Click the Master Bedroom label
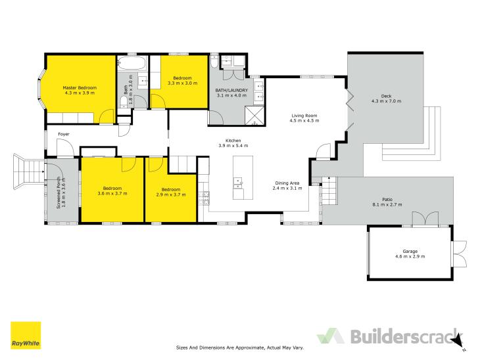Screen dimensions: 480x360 click(80, 87)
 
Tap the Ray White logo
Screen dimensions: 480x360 click(26, 335)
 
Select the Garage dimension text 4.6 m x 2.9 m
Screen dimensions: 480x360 click(410, 256)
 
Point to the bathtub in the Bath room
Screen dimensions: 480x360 click(132, 63)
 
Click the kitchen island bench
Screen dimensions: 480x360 click(243, 178)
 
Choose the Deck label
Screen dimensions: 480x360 click(387, 96)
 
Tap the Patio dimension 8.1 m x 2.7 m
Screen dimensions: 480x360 click(387, 204)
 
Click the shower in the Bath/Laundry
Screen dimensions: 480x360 click(254, 116)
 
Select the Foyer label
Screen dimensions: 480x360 click(64, 134)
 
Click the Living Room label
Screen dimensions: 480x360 click(304, 116)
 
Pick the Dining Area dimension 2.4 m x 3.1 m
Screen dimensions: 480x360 click(287, 188)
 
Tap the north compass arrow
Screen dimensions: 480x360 click(458, 340)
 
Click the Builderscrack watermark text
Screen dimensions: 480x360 click(404, 336)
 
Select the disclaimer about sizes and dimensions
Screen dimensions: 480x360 click(240, 348)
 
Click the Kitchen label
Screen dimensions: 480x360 click(233, 141)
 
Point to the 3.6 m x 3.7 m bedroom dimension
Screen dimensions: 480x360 click(112, 193)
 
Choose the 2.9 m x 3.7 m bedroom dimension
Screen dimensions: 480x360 click(171, 194)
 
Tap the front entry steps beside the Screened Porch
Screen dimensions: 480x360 click(28, 171)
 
